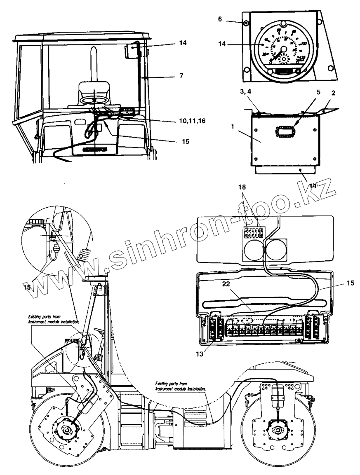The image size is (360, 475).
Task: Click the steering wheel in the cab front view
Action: [x=94, y=100]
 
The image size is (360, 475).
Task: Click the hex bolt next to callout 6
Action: [x=245, y=23]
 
